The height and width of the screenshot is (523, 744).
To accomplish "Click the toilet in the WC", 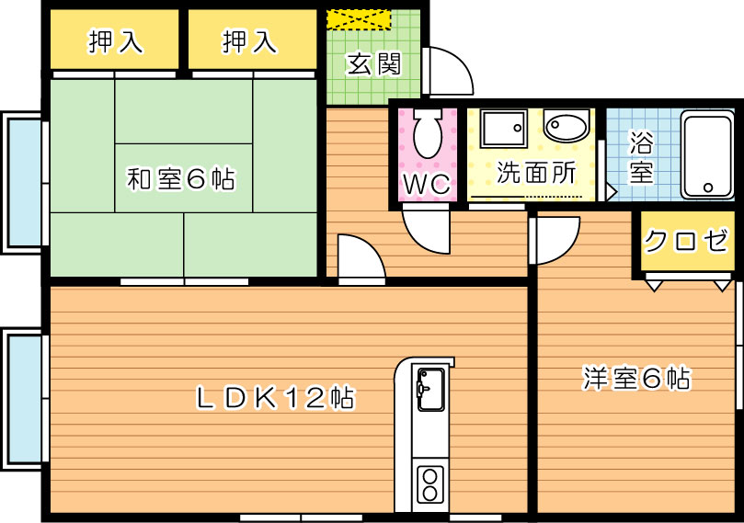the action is [428, 133].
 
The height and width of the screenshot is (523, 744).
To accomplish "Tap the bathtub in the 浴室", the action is [707, 154].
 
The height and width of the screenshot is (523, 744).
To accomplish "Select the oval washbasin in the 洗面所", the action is [567, 125].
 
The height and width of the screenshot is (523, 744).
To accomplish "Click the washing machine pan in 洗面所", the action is [503, 129].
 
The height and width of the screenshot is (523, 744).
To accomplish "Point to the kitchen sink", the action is [430, 390].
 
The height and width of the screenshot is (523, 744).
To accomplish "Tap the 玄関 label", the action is [374, 64].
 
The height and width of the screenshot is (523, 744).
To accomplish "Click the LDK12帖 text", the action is [275, 397].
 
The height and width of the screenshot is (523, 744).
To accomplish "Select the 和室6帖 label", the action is [181, 179].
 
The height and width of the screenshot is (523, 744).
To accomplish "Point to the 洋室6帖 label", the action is [636, 378].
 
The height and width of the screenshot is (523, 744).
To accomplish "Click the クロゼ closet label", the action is [685, 241].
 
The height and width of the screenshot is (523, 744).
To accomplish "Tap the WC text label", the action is [427, 184].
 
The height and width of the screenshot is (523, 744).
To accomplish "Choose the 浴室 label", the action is [641, 156].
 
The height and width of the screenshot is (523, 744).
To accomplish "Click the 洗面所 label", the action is [536, 172].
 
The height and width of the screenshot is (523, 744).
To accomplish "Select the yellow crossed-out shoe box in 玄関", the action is [359, 19].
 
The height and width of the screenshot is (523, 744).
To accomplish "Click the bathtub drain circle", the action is [708, 188].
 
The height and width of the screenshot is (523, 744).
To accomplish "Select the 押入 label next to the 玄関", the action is [249, 40].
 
